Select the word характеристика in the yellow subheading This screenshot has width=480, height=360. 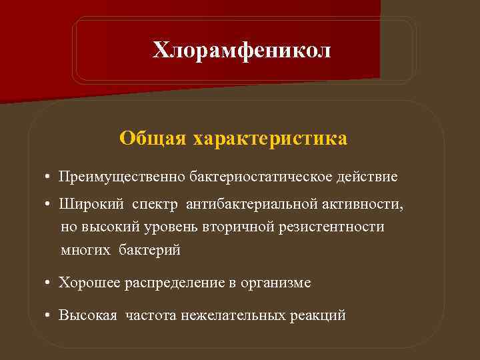[270, 139]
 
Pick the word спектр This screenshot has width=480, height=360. [156, 204]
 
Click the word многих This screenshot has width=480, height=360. [85, 251]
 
